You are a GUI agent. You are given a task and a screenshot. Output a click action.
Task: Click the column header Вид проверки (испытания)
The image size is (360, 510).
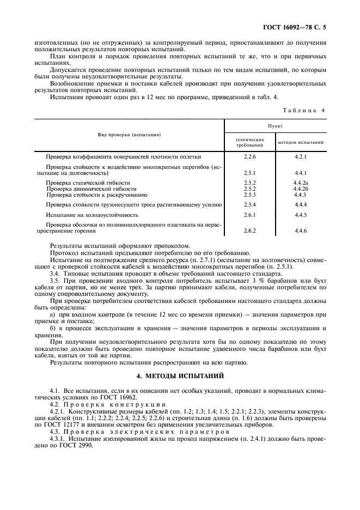(x=129, y=134)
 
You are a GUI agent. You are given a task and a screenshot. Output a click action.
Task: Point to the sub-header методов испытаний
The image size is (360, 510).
(x=301, y=143)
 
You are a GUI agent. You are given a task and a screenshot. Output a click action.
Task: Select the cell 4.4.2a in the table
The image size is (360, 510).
(x=301, y=183)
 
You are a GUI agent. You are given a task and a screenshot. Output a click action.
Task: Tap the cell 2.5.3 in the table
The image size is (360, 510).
(x=250, y=195)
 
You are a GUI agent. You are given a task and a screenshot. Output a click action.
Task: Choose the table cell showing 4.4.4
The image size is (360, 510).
(x=301, y=205)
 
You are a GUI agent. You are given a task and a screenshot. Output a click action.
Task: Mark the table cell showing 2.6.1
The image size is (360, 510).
(x=250, y=215)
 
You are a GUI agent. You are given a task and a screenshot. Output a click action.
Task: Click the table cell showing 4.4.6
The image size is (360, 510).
(x=301, y=231)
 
